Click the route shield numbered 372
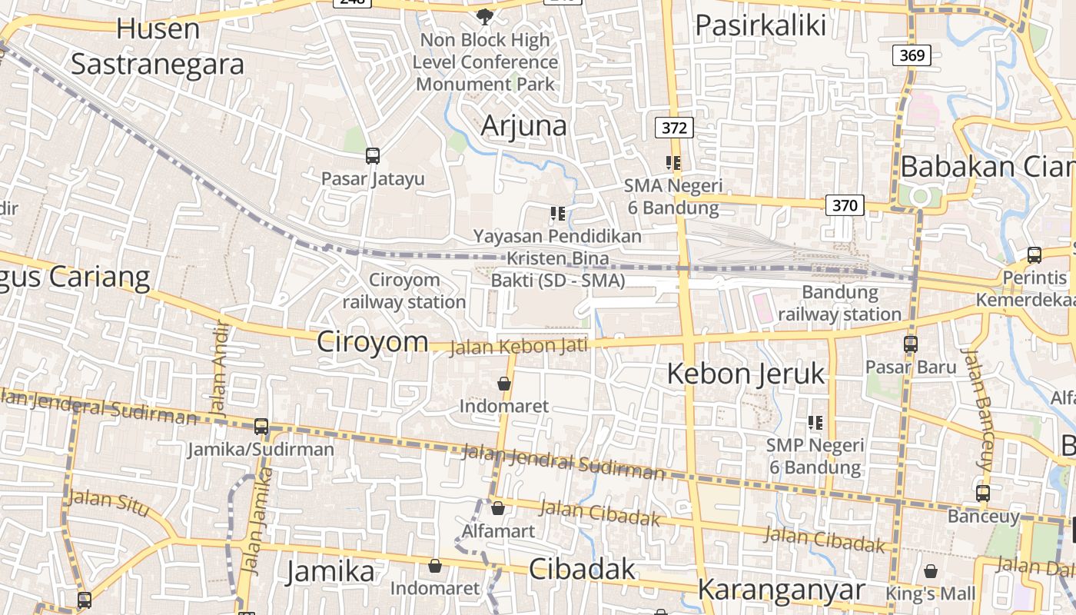click(674, 128)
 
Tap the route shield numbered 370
click(845, 205)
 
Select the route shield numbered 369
click(912, 55)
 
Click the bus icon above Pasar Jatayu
click(373, 156)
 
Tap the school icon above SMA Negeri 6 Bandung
click(673, 163)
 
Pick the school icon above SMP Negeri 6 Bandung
click(815, 422)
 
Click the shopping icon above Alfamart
click(498, 508)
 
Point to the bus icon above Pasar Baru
click(911, 344)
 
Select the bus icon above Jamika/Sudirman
click(261, 427)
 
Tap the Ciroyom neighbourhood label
click(373, 342)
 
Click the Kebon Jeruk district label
click(746, 374)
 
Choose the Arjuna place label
click(524, 125)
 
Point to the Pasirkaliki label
click(760, 25)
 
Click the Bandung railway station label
click(839, 303)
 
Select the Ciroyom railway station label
click(404, 291)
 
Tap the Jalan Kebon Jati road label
click(518, 346)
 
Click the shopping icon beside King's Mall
click(931, 571)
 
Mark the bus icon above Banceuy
click(983, 494)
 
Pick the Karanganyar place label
click(781, 590)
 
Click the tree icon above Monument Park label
click(485, 16)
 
